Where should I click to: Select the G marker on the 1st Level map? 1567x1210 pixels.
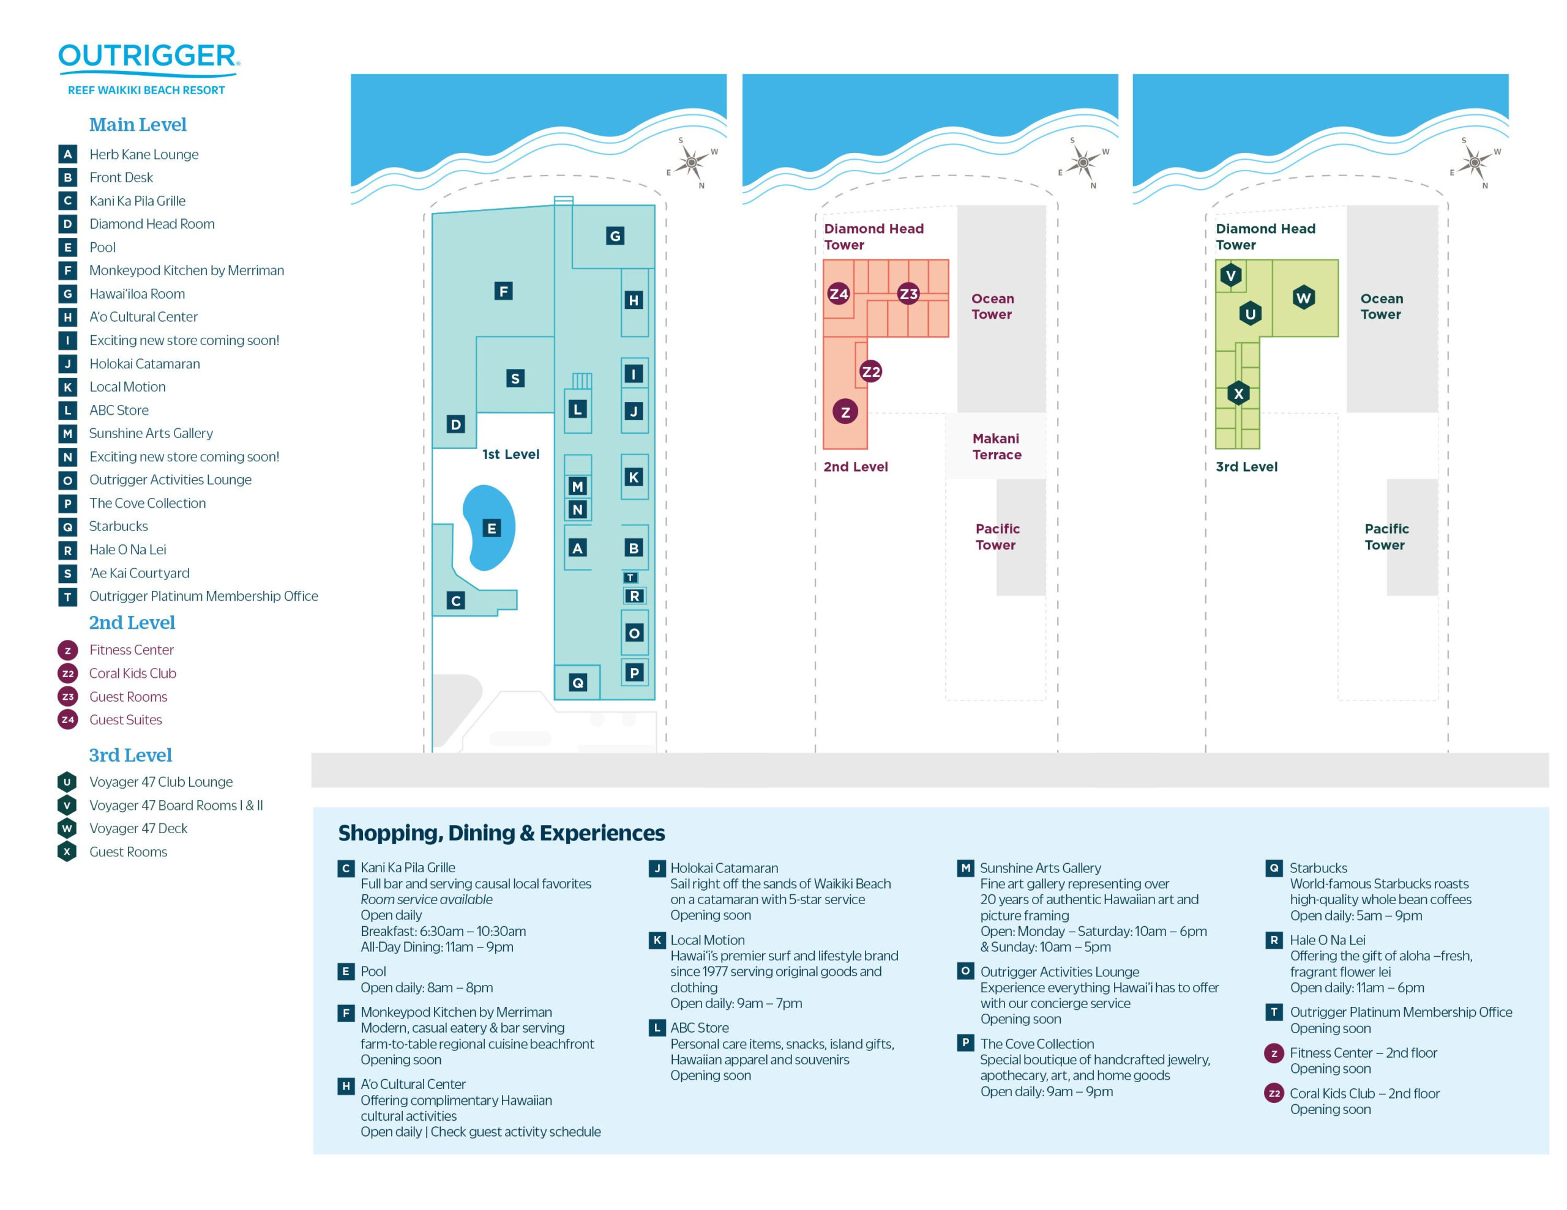(x=615, y=236)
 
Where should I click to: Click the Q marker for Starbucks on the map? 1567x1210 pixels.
(x=578, y=682)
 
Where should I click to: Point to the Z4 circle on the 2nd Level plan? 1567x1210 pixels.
(x=838, y=294)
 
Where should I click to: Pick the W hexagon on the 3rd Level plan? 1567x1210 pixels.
(x=1303, y=298)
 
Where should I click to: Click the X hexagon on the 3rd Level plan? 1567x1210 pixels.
(x=1238, y=393)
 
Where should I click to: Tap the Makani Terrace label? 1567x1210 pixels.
(x=996, y=446)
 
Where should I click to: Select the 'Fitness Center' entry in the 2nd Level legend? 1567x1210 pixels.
(x=132, y=650)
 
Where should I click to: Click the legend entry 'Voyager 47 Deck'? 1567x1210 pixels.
(x=138, y=828)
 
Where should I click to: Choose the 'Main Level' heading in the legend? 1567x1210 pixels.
(x=138, y=125)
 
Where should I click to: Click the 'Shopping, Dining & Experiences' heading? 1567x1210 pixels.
(x=501, y=833)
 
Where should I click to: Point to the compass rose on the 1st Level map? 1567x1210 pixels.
(x=692, y=163)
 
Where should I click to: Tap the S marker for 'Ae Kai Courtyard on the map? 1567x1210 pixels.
(x=514, y=378)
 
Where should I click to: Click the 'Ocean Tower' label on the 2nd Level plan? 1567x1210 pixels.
(x=992, y=306)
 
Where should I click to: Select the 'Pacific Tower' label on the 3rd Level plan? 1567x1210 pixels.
(x=1385, y=536)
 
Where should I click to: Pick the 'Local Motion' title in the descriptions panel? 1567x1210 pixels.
(x=707, y=940)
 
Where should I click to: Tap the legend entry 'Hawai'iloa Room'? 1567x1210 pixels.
(x=137, y=294)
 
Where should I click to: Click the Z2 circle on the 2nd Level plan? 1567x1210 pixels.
(x=870, y=371)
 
